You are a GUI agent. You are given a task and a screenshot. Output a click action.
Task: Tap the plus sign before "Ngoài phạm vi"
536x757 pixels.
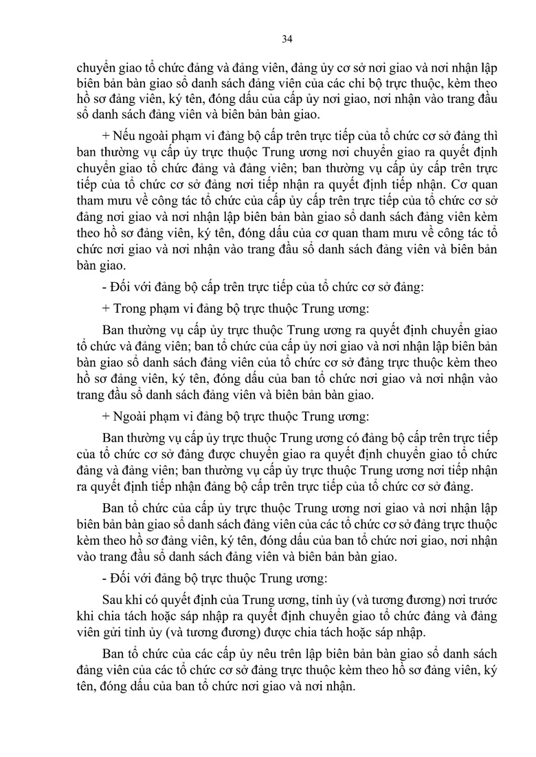coord(105,416)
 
